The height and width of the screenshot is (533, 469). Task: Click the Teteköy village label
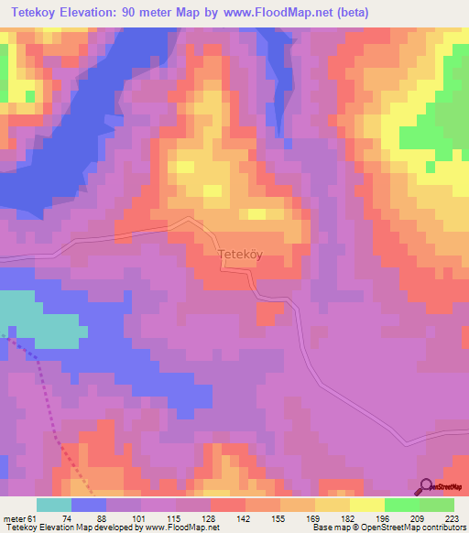click(x=240, y=257)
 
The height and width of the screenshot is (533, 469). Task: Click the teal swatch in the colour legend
click(x=54, y=505)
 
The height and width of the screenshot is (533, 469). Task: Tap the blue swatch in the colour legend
click(x=89, y=505)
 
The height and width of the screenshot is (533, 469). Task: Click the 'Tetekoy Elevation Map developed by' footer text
click(x=60, y=528)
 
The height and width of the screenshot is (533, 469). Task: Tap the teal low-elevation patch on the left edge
click(x=37, y=318)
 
